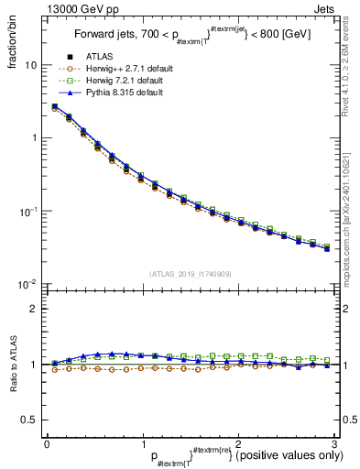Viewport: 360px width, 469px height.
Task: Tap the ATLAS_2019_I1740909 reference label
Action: [x=189, y=274]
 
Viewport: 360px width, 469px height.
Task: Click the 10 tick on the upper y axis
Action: [x=30, y=65]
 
